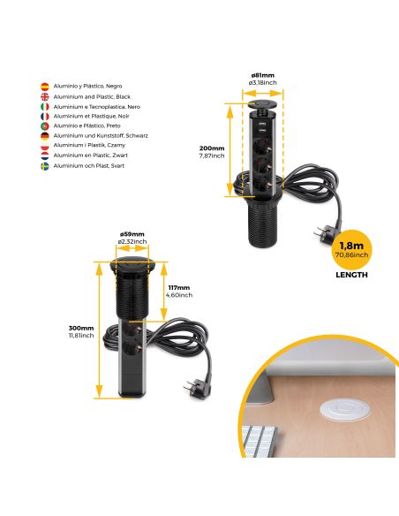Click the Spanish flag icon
pos(45,86)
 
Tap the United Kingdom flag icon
pos(45,95)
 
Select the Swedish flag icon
pos(45,165)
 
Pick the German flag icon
pos(45,135)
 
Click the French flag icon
pos(45,116)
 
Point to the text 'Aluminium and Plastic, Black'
pos(92,95)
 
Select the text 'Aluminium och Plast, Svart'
pos(89,165)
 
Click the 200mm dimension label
pos(212,148)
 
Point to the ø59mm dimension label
pos(132,234)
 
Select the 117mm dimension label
pos(179,286)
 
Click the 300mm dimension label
pos(81,328)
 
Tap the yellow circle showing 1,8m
pos(351,250)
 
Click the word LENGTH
pos(351,275)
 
